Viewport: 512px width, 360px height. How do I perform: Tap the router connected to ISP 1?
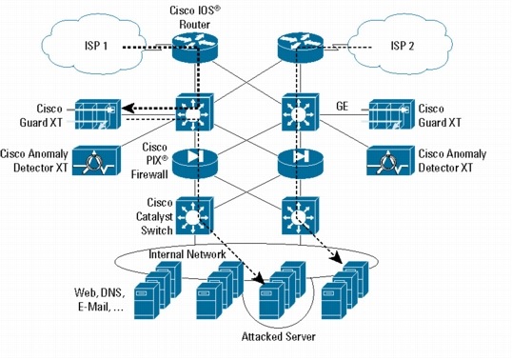pyautogui.click(x=196, y=47)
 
